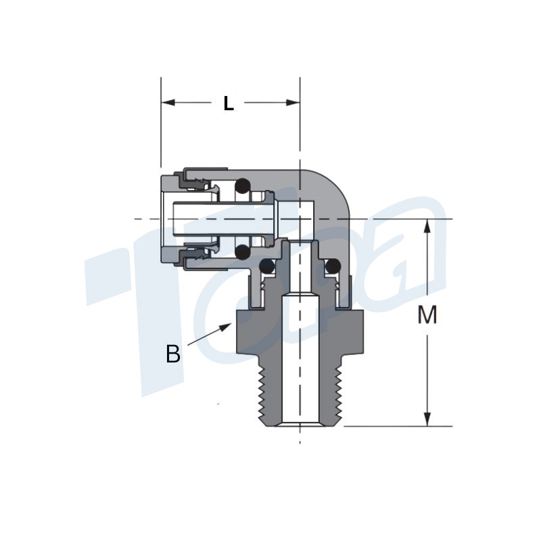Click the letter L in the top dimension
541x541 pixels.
pyautogui.click(x=229, y=103)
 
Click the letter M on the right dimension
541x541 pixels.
pyautogui.click(x=427, y=315)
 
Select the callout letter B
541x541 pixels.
pyautogui.click(x=173, y=354)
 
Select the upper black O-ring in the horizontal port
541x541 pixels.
pyautogui.click(x=241, y=185)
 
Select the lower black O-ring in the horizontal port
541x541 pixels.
pyautogui.click(x=241, y=253)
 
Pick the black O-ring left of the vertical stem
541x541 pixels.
pyautogui.click(x=268, y=268)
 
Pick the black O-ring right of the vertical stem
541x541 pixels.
pyautogui.click(x=331, y=268)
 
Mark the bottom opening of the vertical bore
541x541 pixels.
pyautogui.click(x=300, y=423)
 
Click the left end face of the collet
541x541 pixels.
pyautogui.click(x=163, y=218)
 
